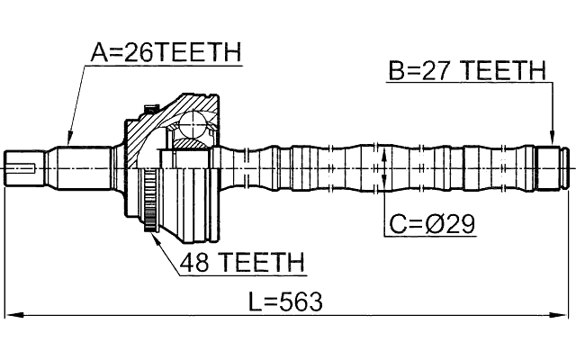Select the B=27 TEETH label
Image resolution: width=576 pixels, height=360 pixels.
[467, 70]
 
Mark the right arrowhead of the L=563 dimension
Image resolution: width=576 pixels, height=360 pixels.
[566, 315]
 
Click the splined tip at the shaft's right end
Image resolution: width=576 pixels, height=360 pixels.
[553, 167]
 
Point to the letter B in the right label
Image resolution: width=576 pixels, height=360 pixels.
[396, 70]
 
